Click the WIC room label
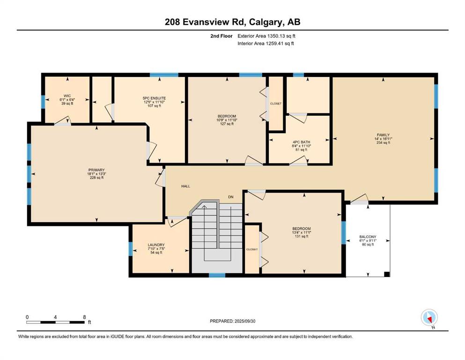(x=67, y=96)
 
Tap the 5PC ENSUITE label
(x=154, y=98)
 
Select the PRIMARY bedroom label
(x=96, y=170)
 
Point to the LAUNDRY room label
(x=156, y=245)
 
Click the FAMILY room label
(x=383, y=135)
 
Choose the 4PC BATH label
(x=301, y=142)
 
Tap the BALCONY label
(x=368, y=237)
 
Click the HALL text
(x=185, y=186)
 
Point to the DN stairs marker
(x=231, y=197)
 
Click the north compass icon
(x=429, y=318)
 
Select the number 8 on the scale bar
(x=84, y=317)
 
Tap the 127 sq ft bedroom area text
(x=227, y=124)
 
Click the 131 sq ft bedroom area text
(x=302, y=236)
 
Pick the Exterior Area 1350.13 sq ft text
(x=266, y=36)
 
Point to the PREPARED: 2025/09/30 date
(x=232, y=321)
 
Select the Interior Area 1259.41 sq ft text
(x=266, y=43)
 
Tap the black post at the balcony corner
(x=387, y=274)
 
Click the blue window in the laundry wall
(x=131, y=249)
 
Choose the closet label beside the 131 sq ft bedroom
(x=252, y=249)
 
